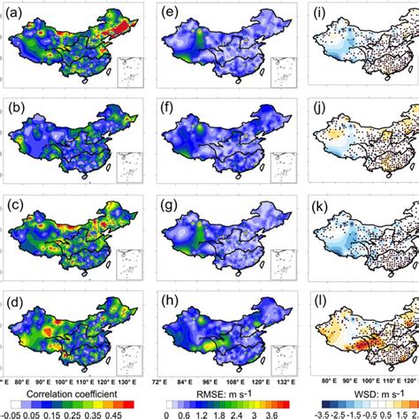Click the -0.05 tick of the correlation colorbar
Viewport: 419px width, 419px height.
tap(11, 411)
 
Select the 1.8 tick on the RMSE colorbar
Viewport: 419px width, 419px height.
tap(225, 411)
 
